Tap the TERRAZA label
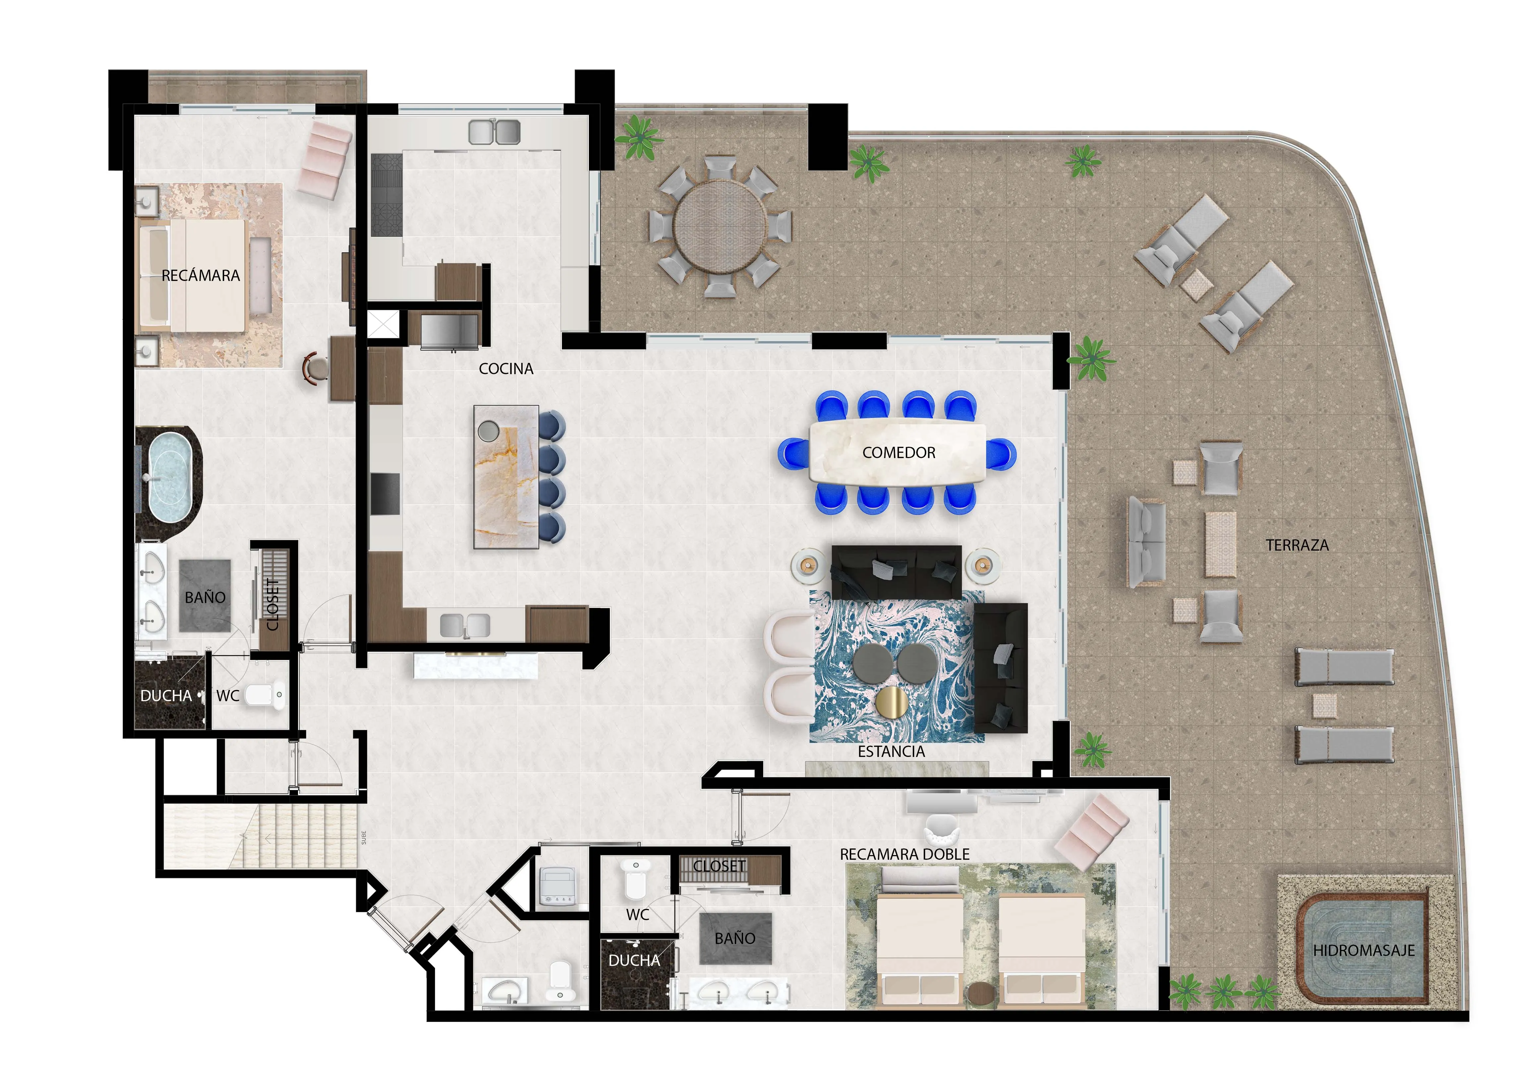[x=1297, y=545]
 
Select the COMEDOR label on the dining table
[x=899, y=453]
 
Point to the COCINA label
[x=506, y=369]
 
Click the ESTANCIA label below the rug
[x=891, y=752]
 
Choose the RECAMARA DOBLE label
[x=905, y=854]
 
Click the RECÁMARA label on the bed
[x=201, y=275]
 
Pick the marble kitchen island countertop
[x=506, y=477]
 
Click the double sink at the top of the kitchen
[x=494, y=132]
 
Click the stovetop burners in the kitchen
[x=386, y=195]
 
